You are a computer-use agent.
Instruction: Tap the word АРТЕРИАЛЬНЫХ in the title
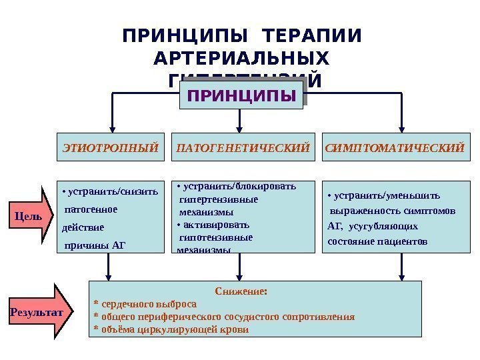click(241, 58)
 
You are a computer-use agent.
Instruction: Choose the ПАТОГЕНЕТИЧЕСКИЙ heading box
click(243, 145)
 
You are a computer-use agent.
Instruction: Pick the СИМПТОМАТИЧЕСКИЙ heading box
click(394, 145)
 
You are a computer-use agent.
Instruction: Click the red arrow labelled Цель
click(34, 217)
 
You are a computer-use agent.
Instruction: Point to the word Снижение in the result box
click(241, 291)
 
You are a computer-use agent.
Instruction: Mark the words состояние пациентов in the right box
click(377, 241)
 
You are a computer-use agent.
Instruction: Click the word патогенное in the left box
click(91, 209)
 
